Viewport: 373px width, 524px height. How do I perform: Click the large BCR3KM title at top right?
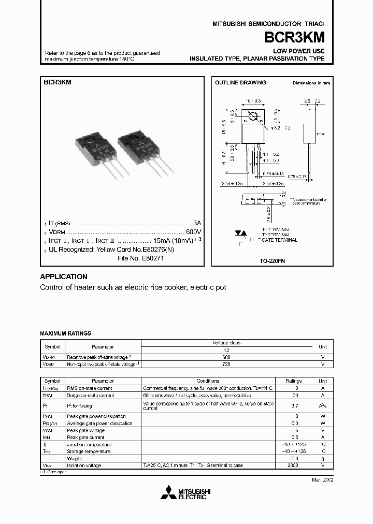pos(295,37)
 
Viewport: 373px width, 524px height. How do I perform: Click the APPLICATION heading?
pos(64,276)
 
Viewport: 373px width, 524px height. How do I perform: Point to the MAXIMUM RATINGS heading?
pos(65,334)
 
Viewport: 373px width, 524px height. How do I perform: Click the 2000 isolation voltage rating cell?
pos(293,465)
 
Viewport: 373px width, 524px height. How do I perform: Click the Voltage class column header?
pos(226,343)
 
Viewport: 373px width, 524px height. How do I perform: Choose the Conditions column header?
pos(208,381)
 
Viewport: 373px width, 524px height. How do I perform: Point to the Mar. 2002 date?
pos(322,480)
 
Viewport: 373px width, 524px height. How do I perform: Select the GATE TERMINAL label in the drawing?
pos(280,240)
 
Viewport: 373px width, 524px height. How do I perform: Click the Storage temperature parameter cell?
pos(88,452)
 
